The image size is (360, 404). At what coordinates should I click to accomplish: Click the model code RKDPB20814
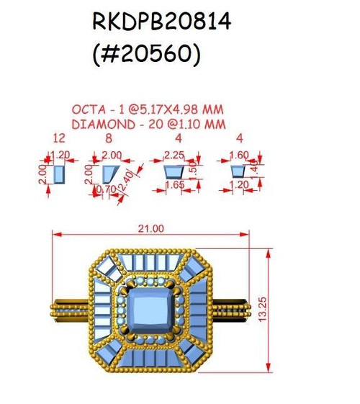point(161,21)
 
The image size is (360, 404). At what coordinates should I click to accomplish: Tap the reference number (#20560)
point(146,54)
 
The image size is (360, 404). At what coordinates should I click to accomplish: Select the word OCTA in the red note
point(89,109)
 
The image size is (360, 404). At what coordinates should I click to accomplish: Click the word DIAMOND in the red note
point(103,125)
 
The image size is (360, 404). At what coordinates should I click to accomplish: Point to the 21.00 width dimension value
point(151,228)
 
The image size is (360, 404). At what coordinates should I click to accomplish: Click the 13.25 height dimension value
point(262,309)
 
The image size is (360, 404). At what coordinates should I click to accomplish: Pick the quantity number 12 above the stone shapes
point(59,138)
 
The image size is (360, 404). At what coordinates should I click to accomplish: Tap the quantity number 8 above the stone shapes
point(109,138)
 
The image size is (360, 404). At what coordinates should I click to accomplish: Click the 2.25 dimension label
point(174,156)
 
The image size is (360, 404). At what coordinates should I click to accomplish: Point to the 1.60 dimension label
point(239,156)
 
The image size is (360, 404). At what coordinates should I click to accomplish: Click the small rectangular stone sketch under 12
point(59,174)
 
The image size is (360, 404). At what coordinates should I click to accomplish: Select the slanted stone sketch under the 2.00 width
point(111,174)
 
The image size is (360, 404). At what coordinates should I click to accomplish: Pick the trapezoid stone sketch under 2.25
point(174,172)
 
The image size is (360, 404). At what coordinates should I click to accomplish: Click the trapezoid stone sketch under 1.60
point(238,171)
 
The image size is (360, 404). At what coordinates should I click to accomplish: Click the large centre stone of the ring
point(150,310)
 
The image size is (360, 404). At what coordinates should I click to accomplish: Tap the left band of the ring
point(70,310)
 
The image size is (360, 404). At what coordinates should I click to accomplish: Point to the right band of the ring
point(231,310)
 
